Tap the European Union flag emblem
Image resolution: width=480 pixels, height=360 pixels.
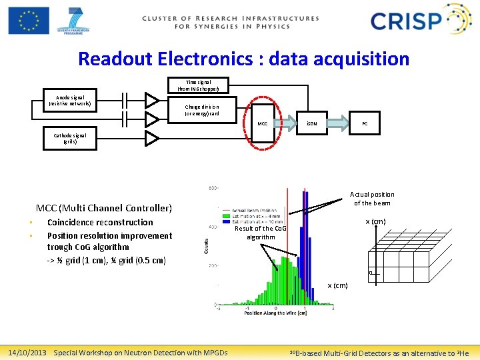point(29,20)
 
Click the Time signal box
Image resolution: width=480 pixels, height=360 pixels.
point(203,85)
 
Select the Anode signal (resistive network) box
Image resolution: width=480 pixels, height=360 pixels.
point(70,100)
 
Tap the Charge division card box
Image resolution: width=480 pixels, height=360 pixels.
point(201,110)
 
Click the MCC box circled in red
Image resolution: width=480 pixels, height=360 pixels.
point(263,123)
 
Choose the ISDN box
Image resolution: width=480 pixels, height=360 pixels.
point(312,123)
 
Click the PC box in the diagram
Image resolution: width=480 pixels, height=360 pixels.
point(365,123)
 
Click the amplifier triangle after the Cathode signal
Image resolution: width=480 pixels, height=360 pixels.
point(152,138)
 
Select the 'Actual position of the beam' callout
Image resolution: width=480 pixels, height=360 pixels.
point(373,199)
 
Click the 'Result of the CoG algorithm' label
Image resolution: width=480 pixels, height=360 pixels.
point(261,233)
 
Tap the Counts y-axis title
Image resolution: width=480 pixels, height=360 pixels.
point(205,247)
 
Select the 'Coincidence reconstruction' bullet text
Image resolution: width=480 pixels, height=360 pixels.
point(100,223)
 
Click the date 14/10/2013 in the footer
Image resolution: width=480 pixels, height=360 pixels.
point(27,353)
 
